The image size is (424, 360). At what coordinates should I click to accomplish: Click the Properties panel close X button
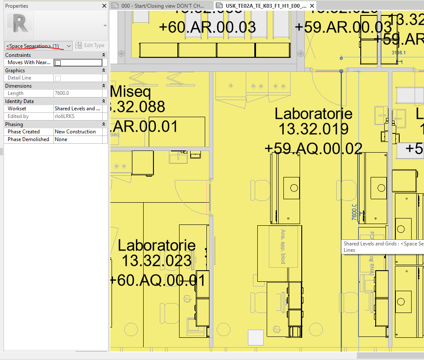tap(104, 6)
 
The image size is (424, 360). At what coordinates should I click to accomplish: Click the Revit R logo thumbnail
tap(20, 25)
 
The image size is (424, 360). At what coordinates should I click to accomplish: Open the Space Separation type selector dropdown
tap(69, 46)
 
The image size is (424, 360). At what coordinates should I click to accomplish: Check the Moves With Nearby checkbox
tap(58, 63)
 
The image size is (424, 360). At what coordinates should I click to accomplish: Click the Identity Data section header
tap(20, 101)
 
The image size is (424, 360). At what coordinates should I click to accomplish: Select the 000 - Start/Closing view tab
tap(162, 6)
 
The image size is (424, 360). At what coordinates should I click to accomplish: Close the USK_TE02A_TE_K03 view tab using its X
tap(312, 6)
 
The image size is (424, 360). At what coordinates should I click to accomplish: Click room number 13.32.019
tap(313, 129)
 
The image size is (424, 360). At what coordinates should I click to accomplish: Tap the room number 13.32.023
tap(156, 260)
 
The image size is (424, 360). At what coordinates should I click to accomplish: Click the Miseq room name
tap(130, 92)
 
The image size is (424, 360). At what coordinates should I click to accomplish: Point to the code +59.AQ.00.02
tap(313, 148)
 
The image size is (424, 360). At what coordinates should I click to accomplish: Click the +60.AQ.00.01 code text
tap(157, 280)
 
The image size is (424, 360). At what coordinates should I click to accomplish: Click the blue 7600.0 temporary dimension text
tap(354, 212)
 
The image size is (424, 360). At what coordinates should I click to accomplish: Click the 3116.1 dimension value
tap(398, 53)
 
